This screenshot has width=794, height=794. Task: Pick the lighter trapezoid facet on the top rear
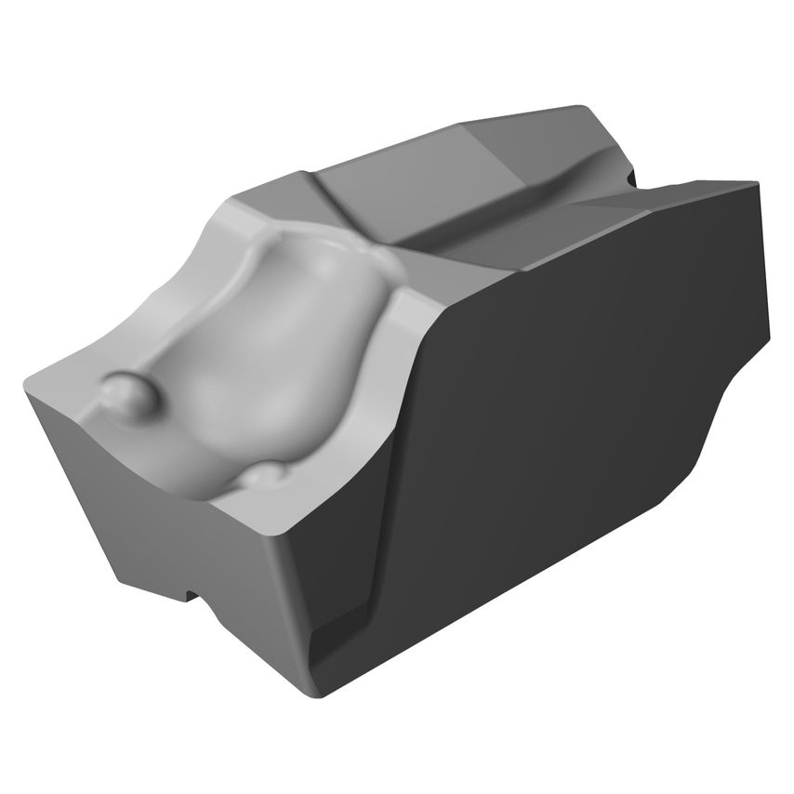tap(502, 149)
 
